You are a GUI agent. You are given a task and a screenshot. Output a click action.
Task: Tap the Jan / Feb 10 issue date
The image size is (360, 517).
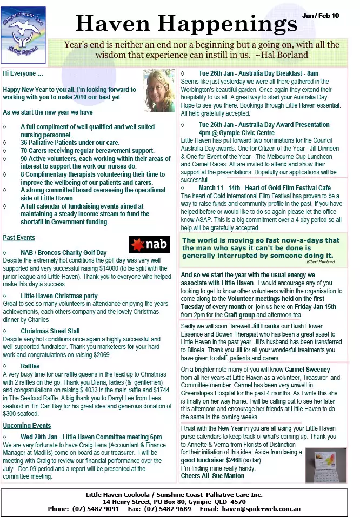(321, 16)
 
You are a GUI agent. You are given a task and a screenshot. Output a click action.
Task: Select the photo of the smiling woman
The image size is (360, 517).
(159, 90)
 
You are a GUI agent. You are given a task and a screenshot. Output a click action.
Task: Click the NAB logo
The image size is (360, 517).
(149, 245)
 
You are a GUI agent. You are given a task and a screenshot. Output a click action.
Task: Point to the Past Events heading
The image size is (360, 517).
(19, 238)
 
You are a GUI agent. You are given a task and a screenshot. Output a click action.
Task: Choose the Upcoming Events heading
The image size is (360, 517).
(27, 426)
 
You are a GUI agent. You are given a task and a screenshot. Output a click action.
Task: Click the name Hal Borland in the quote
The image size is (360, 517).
(285, 55)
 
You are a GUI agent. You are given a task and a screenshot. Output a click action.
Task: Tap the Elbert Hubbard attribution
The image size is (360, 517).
(320, 261)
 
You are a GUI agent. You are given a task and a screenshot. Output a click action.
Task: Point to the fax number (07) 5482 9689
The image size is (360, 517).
(167, 509)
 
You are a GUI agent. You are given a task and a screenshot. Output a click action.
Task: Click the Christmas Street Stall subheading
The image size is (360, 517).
(50, 331)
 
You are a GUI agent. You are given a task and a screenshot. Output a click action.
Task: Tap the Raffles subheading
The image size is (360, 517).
(30, 366)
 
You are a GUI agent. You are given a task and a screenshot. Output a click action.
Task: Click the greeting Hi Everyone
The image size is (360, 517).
(23, 73)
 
